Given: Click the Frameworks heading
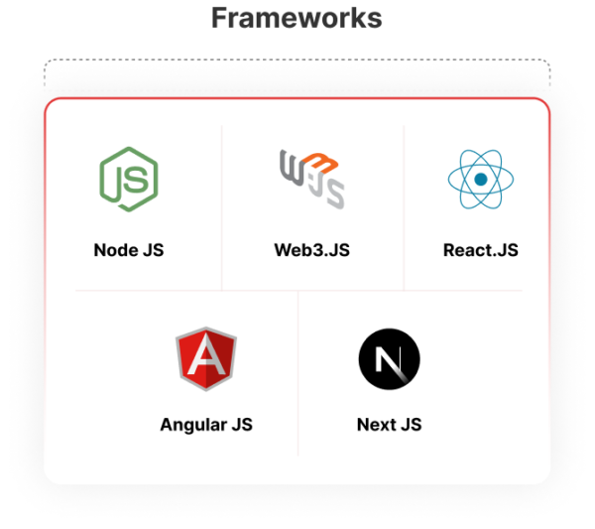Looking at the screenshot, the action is click(297, 18).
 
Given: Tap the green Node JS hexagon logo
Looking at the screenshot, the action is click(129, 179).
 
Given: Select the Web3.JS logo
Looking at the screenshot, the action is click(312, 179).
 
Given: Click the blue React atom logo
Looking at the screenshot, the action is click(481, 179).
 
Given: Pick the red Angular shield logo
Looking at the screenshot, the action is click(206, 358).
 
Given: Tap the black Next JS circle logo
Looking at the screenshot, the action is click(390, 359).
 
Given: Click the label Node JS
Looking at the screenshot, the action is click(129, 250).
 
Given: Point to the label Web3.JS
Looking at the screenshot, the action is click(312, 250).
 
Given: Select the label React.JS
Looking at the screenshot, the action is click(481, 250).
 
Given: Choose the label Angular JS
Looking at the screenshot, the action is click(206, 425).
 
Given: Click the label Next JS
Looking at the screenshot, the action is click(390, 425).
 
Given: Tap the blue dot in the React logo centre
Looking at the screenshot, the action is click(481, 180).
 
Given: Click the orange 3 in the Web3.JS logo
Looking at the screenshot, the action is click(320, 163).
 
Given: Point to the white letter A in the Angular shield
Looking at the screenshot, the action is click(206, 354).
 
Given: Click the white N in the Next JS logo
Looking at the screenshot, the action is click(389, 359).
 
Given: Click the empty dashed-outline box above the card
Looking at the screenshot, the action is click(297, 74).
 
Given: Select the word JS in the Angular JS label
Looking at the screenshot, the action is click(242, 425).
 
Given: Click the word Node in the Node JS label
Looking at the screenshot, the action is click(116, 250).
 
